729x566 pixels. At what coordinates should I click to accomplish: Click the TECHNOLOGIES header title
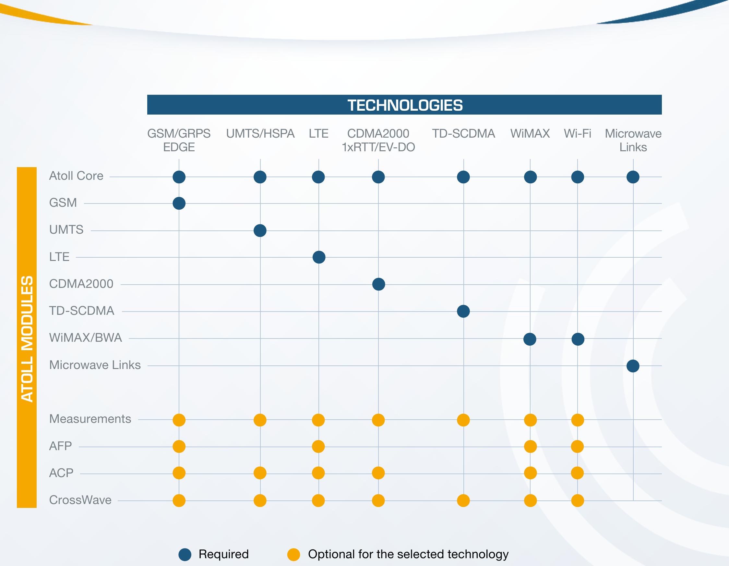(405, 105)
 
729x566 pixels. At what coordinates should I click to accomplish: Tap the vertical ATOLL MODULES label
(27, 338)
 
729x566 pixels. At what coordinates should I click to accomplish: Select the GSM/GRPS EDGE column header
(179, 140)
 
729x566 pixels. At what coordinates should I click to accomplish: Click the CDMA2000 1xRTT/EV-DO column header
(378, 140)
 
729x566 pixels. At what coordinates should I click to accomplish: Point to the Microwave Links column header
(633, 140)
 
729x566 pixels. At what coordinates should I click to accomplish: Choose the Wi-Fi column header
(578, 134)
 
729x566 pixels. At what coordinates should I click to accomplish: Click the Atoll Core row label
(76, 176)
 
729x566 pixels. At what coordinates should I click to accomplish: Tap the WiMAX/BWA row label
(86, 338)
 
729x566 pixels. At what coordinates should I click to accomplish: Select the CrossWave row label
(80, 500)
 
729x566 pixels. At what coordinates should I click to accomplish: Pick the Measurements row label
(90, 419)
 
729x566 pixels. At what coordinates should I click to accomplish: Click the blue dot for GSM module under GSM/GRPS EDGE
(179, 203)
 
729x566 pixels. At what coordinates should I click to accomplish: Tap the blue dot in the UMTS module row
(260, 230)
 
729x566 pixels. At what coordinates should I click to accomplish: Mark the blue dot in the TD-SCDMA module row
(463, 312)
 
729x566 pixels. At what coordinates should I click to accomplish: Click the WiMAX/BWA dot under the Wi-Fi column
(578, 339)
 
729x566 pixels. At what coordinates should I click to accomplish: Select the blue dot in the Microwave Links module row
(633, 366)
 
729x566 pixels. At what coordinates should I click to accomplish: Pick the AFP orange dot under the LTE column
(318, 446)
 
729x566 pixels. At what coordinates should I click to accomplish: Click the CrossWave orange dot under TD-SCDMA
(463, 500)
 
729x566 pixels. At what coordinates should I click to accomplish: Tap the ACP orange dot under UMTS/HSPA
(260, 473)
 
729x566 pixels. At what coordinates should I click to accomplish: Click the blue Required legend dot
(185, 554)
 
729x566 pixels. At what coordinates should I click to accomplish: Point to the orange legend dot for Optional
(293, 554)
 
